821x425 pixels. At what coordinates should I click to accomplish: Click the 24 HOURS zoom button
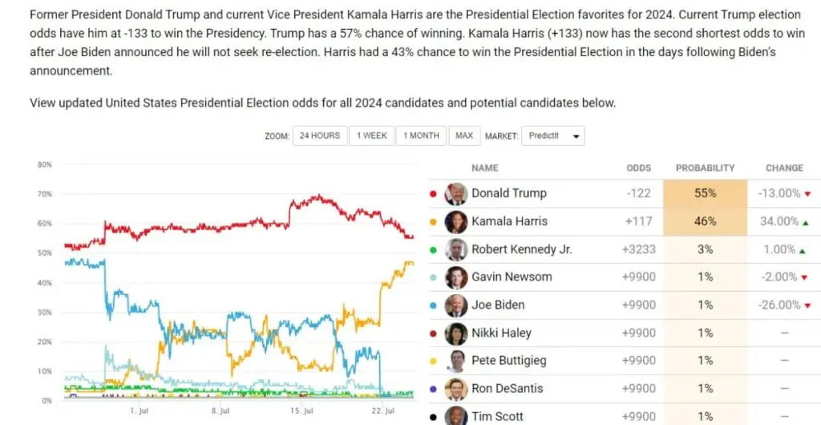[320, 136]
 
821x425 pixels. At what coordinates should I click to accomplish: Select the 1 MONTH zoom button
[421, 136]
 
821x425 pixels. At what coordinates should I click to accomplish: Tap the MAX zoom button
[464, 136]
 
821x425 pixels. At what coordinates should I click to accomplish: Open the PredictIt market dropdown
[553, 136]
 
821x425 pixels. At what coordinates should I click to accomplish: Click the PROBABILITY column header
[705, 168]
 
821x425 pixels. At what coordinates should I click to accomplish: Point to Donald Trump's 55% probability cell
[705, 193]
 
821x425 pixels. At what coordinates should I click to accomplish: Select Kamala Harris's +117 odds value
[638, 221]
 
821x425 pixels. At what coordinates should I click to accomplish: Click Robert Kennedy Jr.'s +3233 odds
[638, 249]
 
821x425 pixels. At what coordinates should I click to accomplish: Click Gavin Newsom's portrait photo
[456, 277]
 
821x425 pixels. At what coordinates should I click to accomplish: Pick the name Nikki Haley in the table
[501, 333]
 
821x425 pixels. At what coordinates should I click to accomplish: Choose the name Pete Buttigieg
[508, 361]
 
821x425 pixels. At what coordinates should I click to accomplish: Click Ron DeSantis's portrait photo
[456, 389]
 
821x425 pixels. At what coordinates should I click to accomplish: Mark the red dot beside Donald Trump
[434, 193]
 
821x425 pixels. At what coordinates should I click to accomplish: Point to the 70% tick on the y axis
[44, 194]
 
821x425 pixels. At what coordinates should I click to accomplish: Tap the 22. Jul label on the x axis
[385, 411]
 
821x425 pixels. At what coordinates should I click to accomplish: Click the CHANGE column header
[784, 168]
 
